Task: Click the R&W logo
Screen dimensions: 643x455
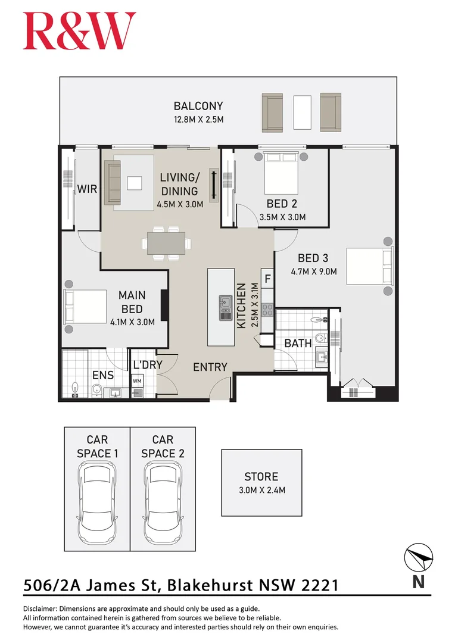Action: point(79,31)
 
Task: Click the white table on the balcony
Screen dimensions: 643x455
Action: point(302,113)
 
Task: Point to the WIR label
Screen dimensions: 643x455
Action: point(87,189)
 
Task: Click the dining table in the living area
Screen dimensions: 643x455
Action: point(167,243)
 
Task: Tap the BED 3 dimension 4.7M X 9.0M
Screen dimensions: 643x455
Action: point(313,271)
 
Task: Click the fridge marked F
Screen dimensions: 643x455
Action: point(267,278)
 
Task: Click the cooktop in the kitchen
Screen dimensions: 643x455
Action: point(267,310)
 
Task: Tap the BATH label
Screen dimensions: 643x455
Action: point(297,344)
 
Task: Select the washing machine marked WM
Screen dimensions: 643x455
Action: point(137,380)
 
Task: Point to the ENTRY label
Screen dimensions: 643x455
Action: point(210,367)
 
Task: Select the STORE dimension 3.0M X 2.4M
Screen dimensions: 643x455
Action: point(261,491)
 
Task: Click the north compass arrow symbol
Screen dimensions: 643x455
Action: point(419,558)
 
